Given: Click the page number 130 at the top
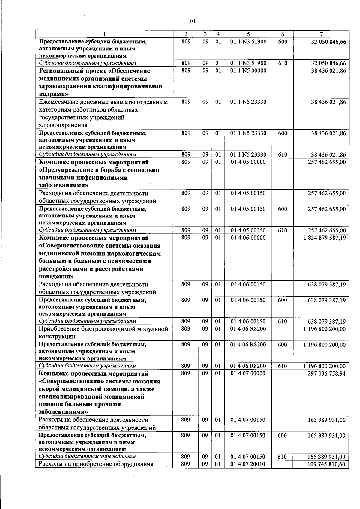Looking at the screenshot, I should coord(190,21).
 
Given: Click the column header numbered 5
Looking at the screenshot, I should coord(248,34).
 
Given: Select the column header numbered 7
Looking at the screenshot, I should coord(321,34).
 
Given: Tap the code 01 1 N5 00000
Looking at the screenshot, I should coord(248,71).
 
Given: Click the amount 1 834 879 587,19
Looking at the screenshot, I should coord(325,238).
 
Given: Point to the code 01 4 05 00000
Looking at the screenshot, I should coord(248,162).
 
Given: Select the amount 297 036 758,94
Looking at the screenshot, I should coord(327,373).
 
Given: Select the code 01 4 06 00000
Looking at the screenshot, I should coord(248,238).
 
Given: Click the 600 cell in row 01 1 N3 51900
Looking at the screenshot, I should coord(283,42).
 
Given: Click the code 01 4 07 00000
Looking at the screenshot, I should coord(248,373).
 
